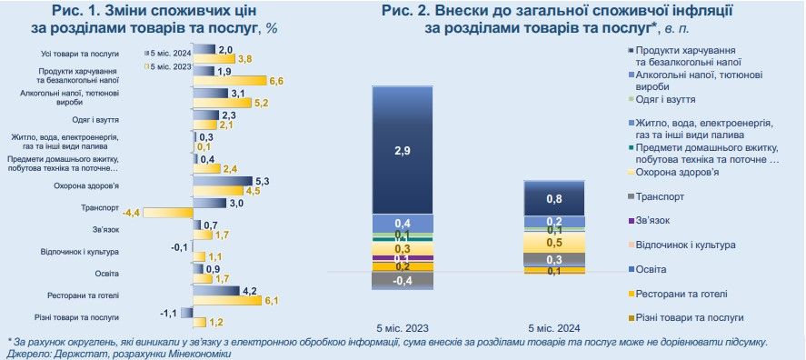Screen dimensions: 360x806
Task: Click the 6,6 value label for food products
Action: click(277, 81)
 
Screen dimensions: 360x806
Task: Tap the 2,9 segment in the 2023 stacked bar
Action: click(403, 149)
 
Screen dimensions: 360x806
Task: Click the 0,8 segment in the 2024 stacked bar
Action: click(553, 197)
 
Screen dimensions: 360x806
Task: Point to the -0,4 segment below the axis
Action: click(403, 281)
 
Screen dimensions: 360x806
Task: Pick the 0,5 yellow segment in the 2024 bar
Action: click(553, 243)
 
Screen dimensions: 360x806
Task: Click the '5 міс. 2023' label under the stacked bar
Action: click(403, 327)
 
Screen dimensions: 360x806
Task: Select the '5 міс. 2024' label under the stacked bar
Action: click(554, 327)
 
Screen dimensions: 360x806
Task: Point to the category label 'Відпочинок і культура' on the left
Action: click(80, 251)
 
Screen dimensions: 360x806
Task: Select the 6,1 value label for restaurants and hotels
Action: click(271, 300)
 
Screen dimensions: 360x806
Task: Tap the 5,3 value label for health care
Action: click(263, 181)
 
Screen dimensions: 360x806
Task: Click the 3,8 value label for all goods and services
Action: click(244, 59)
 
